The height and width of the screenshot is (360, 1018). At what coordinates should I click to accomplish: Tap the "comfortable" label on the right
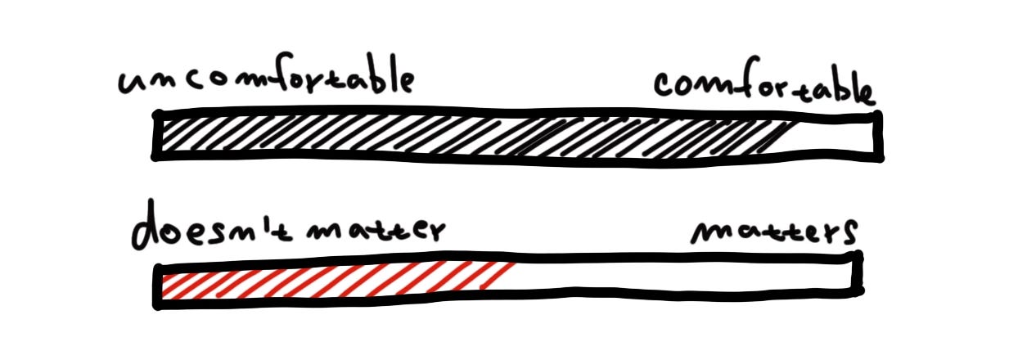[763, 86]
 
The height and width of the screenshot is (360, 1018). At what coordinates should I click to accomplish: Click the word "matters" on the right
[773, 232]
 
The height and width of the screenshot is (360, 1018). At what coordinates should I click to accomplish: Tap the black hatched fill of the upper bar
[458, 136]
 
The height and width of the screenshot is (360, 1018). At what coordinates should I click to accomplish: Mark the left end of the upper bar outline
[156, 135]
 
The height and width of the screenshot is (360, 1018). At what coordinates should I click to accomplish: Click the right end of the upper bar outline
[879, 134]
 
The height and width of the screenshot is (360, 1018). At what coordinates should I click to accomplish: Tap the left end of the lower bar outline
[158, 286]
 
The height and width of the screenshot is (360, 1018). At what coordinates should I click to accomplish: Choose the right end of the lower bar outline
[858, 274]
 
